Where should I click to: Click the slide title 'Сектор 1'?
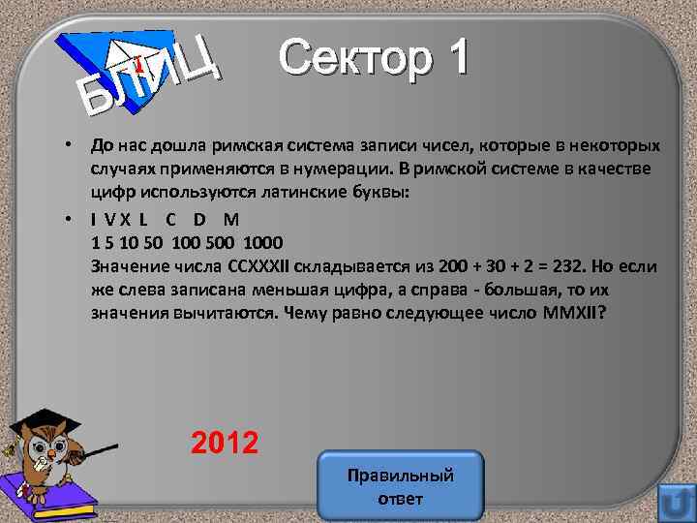(375, 59)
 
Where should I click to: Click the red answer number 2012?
(225, 444)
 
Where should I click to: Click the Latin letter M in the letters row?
(230, 219)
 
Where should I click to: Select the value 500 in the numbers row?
(218, 241)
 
